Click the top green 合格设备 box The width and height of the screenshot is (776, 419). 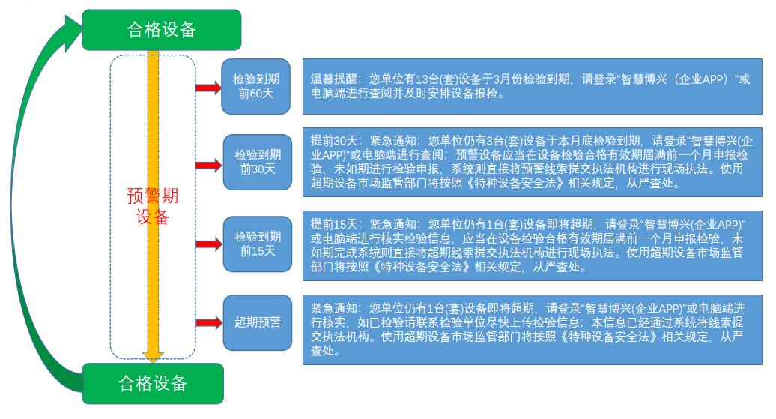161,30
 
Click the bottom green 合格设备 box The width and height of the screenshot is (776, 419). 153,383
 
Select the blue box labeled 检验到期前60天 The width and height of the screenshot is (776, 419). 255,85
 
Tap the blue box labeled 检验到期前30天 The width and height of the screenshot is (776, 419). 258,162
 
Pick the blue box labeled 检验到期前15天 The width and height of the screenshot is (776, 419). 258,244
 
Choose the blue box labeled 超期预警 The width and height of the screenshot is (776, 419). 258,322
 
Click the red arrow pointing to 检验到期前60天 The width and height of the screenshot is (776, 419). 207,88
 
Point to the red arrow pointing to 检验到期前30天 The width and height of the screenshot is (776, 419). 207,164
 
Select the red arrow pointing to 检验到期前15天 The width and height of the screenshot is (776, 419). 207,244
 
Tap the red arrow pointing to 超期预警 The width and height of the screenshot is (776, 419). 207,322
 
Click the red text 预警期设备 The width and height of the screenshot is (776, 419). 152,206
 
